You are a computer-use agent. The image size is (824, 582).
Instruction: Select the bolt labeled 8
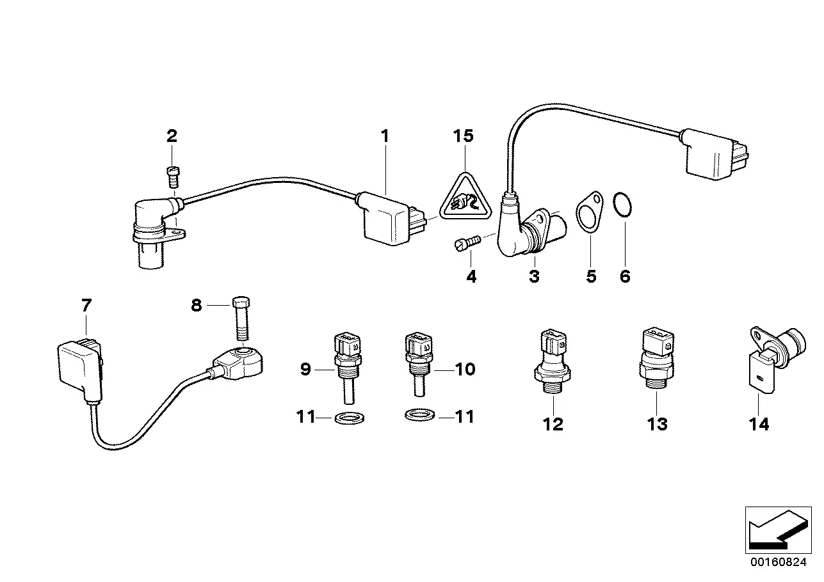242,319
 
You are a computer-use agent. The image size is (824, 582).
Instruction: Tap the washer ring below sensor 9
346,419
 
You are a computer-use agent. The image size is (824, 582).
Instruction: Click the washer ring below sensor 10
419,416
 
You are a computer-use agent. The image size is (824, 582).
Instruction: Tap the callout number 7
86,306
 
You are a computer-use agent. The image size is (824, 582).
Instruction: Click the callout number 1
384,136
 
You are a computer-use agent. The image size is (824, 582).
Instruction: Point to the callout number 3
534,276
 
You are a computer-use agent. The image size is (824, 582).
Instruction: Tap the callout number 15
464,136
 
